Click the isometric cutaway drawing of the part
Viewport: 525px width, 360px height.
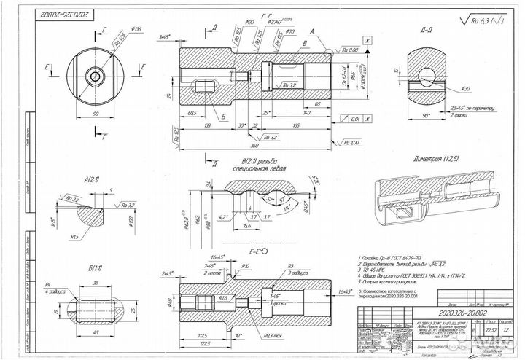tap(430, 201)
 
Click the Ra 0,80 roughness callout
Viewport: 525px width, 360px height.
tap(347, 50)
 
